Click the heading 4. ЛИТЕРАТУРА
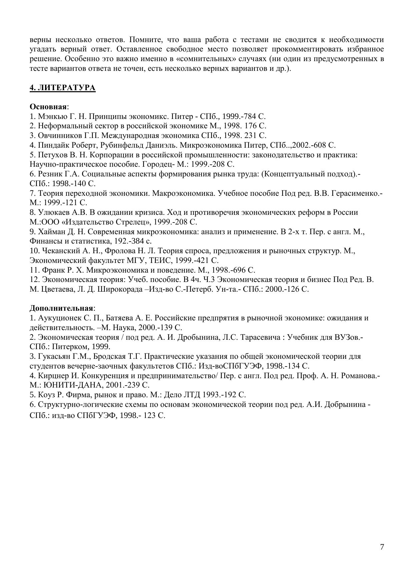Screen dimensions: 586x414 pyautogui.click(x=63, y=88)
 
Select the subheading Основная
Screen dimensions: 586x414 pyautogui.click(x=48, y=107)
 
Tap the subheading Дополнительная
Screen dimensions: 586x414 pyautogui.click(x=61, y=308)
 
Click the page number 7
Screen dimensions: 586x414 pyautogui.click(x=382, y=547)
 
